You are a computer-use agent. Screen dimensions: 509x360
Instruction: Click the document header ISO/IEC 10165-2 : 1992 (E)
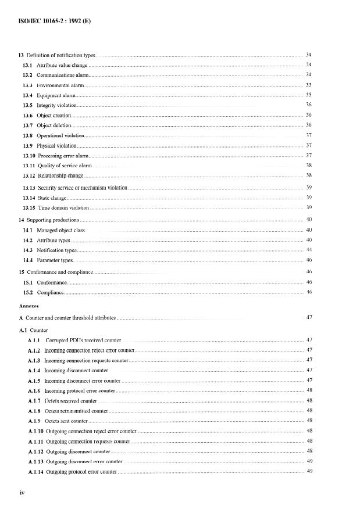51,21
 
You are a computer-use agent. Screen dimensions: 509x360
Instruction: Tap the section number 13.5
27,105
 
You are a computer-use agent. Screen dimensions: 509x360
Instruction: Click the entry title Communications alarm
63,75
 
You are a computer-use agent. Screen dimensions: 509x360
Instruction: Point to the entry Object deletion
54,125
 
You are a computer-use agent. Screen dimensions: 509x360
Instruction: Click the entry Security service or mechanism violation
82,188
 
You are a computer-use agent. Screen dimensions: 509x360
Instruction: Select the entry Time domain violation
63,207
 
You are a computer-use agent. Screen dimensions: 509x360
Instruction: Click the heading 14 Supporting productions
49,220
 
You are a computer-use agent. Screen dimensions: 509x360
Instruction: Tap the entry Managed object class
61,230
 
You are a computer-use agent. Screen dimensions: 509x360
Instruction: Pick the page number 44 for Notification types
309,250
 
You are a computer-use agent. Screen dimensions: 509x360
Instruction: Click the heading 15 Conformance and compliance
55,272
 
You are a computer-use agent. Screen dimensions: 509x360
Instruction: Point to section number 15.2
27,292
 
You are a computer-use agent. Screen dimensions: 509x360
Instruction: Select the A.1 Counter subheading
34,329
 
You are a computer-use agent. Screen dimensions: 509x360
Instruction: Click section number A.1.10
35,431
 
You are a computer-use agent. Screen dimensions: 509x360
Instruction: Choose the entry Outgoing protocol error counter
81,472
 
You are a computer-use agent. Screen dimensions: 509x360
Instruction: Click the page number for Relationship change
309,175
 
